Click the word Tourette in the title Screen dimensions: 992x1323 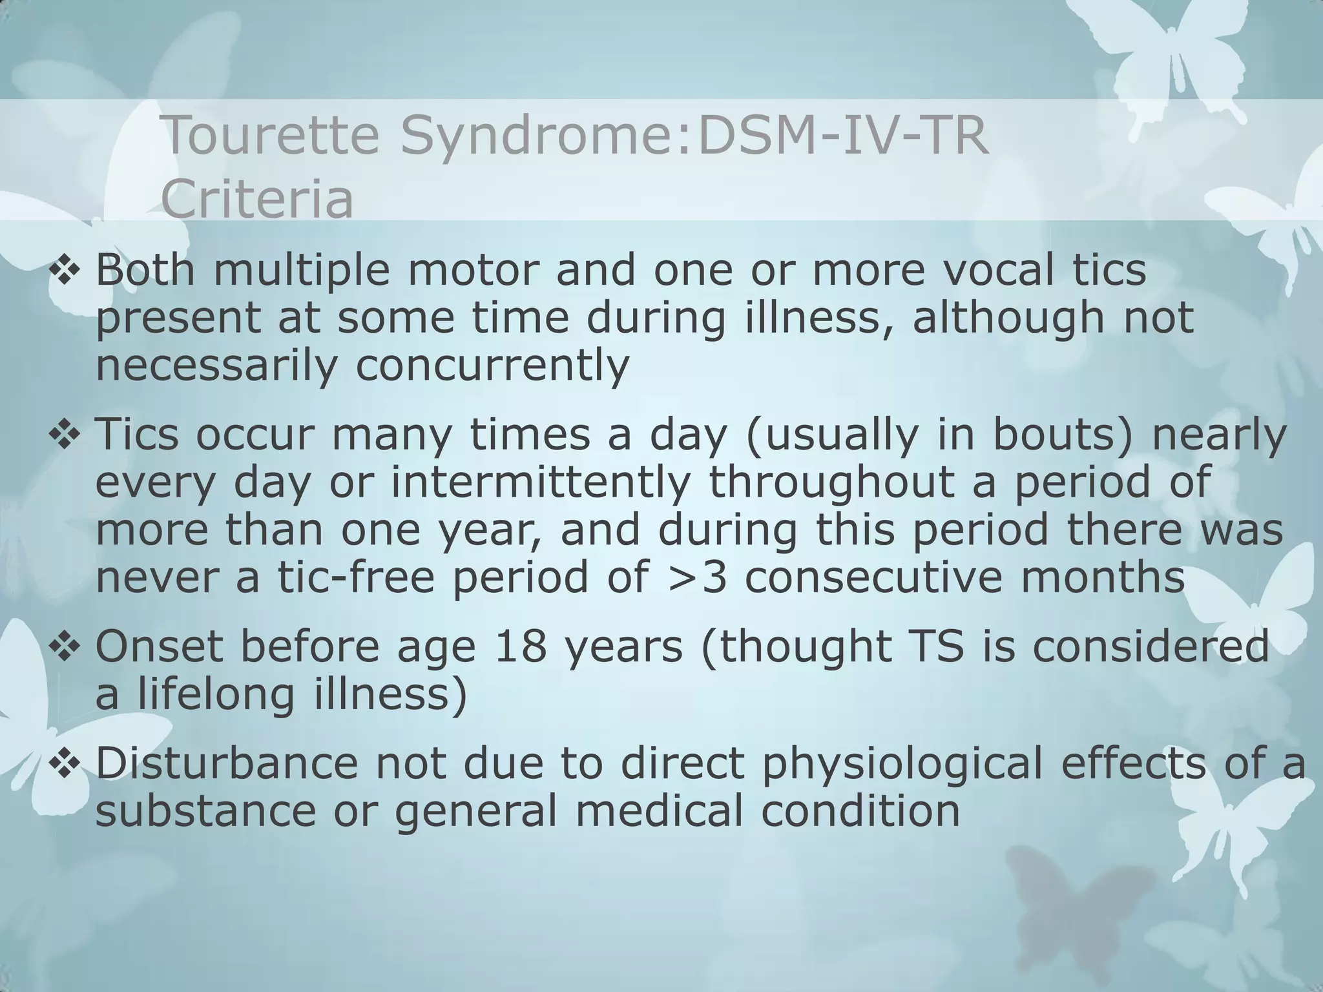pyautogui.click(x=270, y=136)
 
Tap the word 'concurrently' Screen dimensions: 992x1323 pyautogui.click(x=492, y=365)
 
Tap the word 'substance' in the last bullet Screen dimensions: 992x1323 pyautogui.click(x=205, y=811)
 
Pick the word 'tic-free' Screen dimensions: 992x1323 pyautogui.click(x=356, y=577)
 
